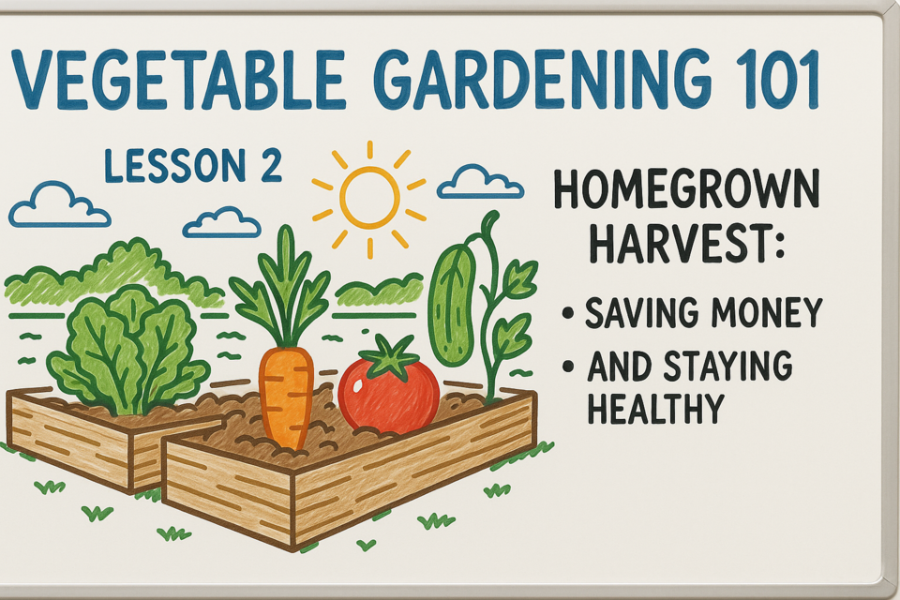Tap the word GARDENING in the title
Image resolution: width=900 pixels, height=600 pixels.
click(532, 80)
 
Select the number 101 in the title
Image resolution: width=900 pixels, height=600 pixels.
click(764, 80)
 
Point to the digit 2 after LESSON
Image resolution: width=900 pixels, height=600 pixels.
click(266, 166)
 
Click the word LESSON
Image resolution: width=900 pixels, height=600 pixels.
click(175, 166)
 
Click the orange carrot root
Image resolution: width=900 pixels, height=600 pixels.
click(286, 397)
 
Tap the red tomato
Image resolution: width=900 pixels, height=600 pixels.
click(389, 394)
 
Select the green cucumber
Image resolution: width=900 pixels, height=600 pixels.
click(453, 305)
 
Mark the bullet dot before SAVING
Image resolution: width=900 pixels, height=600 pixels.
click(568, 313)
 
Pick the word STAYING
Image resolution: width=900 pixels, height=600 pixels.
click(728, 366)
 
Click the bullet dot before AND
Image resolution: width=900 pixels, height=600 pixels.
click(568, 366)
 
